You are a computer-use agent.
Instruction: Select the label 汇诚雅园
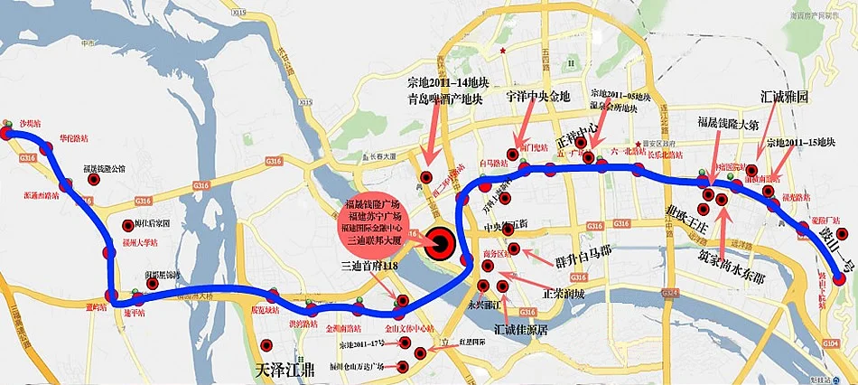(783, 96)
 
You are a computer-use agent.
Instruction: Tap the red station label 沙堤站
(30, 122)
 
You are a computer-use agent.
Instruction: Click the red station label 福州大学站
(140, 242)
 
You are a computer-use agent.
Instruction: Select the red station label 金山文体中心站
(409, 328)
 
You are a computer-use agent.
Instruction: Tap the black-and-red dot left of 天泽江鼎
(267, 343)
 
